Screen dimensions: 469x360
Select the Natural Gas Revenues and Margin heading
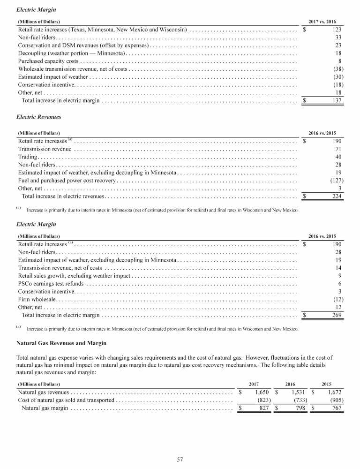click(61, 344)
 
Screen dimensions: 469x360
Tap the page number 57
click(180, 460)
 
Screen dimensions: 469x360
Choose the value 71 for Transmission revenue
click(338, 149)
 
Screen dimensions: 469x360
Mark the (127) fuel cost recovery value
click(335, 181)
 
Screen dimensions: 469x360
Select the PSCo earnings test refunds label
click(51, 284)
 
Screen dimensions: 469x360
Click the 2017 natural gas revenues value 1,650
click(262, 392)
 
